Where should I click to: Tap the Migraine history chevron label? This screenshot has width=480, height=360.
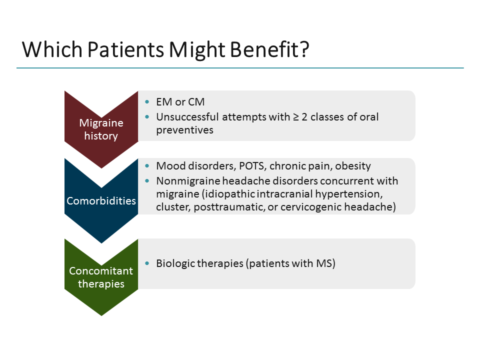101,129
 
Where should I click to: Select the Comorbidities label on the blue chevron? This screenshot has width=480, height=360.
101,201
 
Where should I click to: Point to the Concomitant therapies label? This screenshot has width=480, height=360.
101,277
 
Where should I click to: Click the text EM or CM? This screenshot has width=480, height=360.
180,102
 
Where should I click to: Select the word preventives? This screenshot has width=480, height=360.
184,130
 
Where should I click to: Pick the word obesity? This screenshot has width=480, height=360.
353,166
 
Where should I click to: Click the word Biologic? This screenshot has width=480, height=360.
174,263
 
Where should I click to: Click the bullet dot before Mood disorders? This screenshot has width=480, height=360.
146,166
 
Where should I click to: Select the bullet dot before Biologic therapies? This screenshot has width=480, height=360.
146,263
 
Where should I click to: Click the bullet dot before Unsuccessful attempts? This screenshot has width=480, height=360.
146,117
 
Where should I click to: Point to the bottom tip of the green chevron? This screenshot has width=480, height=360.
101,315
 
